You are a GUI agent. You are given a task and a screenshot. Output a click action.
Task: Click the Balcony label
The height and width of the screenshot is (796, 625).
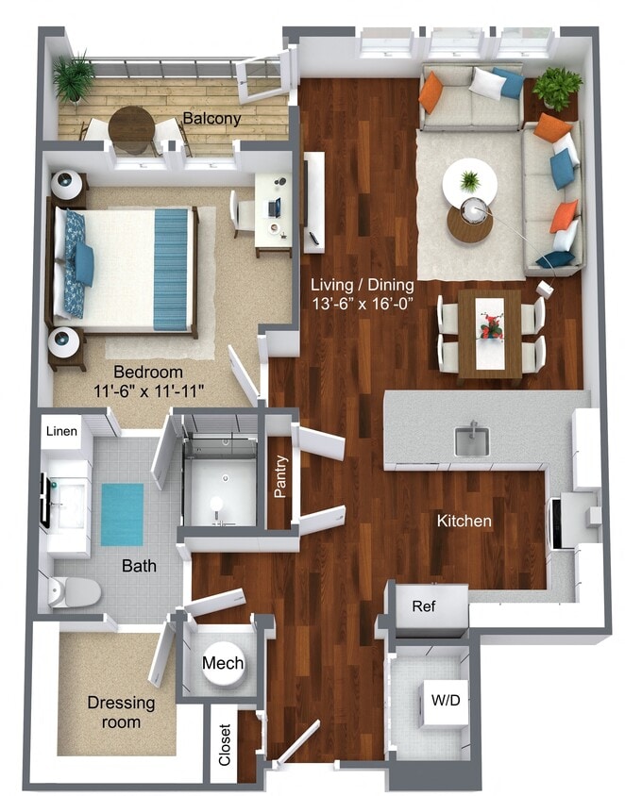(x=211, y=119)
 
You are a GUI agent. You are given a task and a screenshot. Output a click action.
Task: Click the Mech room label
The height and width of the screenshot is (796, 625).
(x=224, y=663)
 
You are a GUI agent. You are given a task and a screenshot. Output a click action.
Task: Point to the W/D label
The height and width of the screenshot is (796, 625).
(x=446, y=701)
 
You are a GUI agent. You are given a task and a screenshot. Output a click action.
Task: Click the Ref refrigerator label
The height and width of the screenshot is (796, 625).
(x=424, y=605)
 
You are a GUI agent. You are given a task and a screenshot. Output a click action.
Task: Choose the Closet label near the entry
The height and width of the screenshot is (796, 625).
(x=224, y=744)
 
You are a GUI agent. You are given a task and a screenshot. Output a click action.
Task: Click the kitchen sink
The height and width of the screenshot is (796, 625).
(x=471, y=439)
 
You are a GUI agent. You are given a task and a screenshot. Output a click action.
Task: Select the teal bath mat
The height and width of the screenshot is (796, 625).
(x=122, y=514)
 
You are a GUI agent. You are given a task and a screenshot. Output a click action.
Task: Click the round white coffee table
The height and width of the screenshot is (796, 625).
(x=470, y=177)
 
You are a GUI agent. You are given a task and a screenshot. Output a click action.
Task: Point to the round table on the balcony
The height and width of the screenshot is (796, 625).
(x=131, y=125)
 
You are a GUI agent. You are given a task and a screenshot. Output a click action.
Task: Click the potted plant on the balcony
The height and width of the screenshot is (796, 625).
(x=74, y=75)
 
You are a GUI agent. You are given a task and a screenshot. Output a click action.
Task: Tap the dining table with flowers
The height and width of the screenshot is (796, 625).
(x=491, y=331)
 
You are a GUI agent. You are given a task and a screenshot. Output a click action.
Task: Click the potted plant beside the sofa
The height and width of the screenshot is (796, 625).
(x=557, y=88)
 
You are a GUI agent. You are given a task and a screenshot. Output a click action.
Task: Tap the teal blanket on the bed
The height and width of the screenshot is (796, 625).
(x=171, y=269)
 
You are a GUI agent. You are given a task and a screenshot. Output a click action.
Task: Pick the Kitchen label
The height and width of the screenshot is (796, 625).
(x=464, y=520)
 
